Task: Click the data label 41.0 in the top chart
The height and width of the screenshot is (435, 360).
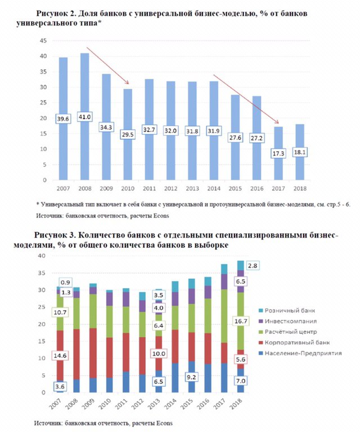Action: pyautogui.click(x=84, y=117)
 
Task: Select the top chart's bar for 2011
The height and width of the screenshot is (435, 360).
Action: pyautogui.click(x=149, y=130)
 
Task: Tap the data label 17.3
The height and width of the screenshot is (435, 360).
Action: pyautogui.click(x=278, y=153)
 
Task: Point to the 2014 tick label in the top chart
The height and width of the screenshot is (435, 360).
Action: pyautogui.click(x=214, y=189)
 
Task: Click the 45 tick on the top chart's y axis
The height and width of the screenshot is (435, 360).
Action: pyautogui.click(x=43, y=41)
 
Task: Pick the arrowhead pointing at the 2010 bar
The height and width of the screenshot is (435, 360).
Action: pyautogui.click(x=127, y=82)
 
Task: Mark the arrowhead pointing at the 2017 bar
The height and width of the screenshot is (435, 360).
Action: pyautogui.click(x=276, y=122)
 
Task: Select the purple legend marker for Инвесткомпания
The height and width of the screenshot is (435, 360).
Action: pyautogui.click(x=260, y=321)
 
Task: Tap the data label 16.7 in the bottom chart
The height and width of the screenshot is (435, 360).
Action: pyautogui.click(x=240, y=321)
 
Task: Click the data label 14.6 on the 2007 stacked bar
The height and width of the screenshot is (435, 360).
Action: pyautogui.click(x=60, y=356)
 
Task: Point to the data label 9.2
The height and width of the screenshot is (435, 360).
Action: pyautogui.click(x=191, y=377)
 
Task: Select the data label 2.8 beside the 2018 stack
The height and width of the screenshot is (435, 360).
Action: pyautogui.click(x=253, y=266)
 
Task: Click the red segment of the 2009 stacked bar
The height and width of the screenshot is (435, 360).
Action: pyautogui.click(x=93, y=353)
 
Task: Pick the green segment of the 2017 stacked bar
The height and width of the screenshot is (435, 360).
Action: pyautogui.click(x=224, y=316)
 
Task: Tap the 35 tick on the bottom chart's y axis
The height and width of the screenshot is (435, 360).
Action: pyautogui.click(x=42, y=273)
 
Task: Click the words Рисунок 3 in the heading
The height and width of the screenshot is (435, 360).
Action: pyautogui.click(x=55, y=235)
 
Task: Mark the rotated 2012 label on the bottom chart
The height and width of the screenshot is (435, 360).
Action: pyautogui.click(x=137, y=404)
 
